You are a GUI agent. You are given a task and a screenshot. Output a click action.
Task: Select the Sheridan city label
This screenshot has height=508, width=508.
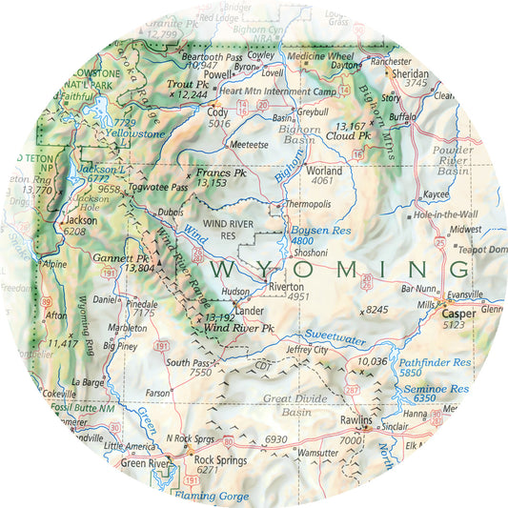[411, 72]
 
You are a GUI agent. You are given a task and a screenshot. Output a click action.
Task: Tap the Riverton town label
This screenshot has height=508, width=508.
[286, 286]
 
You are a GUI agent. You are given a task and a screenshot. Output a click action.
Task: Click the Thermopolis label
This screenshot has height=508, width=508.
[310, 205]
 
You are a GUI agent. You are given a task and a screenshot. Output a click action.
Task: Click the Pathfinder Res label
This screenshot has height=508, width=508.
[435, 363]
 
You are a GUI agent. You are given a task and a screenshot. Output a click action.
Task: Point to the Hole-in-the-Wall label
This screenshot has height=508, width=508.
[446, 215]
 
